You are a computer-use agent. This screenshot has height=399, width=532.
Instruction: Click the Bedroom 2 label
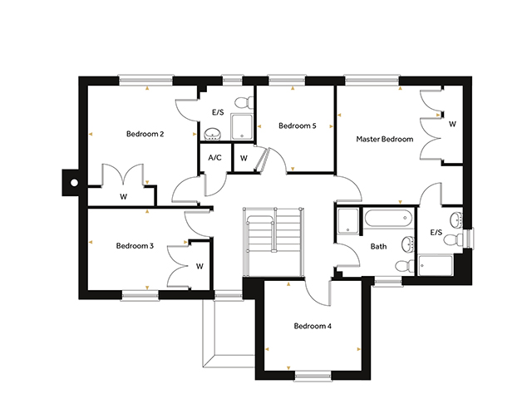tap(145, 134)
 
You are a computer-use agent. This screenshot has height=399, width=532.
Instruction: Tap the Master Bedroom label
tap(384, 139)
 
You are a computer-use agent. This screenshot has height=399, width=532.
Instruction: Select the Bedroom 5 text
tap(298, 126)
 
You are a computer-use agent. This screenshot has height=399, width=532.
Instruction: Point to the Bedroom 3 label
tap(135, 246)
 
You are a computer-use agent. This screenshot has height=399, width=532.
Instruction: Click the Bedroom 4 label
tap(313, 326)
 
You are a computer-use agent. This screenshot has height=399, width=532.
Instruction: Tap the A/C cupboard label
tap(214, 157)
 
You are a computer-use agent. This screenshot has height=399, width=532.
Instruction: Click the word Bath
tap(378, 246)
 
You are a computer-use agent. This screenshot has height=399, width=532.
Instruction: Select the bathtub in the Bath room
tap(388, 218)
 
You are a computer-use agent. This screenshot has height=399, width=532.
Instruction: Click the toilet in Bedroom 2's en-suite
tap(244, 102)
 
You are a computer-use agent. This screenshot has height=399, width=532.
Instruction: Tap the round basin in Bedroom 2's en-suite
tap(213, 135)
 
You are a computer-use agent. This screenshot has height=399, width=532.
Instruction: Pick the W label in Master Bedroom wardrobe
tap(452, 124)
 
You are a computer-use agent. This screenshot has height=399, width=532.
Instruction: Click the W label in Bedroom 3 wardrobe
tap(199, 266)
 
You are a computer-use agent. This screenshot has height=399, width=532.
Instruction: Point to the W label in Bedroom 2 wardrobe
tap(124, 196)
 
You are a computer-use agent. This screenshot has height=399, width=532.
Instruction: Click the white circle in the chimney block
tap(74, 183)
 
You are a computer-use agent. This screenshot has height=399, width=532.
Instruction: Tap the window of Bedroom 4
tap(313, 376)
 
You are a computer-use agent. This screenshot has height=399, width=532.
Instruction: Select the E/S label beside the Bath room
tap(436, 233)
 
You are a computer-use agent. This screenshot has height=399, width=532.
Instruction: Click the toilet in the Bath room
tap(405, 266)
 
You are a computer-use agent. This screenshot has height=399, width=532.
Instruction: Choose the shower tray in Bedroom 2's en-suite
tap(242, 127)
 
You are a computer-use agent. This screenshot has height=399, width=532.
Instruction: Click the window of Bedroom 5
tap(287, 81)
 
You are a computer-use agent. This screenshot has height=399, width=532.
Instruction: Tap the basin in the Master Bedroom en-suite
tap(456, 219)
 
